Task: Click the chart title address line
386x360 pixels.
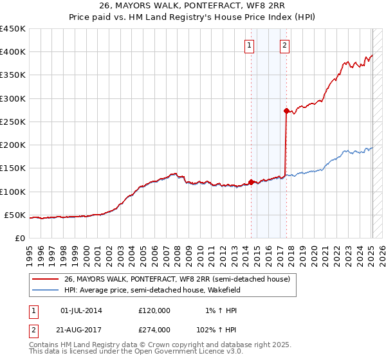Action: pos(193,6)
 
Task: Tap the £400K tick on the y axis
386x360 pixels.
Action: pos(12,52)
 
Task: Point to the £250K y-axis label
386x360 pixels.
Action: pos(12,122)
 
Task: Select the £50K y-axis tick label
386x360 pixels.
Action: pos(15,215)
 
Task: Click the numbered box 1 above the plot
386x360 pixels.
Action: pos(249,45)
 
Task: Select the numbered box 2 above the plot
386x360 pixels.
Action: pos(284,45)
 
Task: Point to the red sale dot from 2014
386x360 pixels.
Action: pos(251,182)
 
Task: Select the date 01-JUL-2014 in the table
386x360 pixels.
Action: pos(80,310)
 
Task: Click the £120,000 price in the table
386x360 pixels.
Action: pos(154,310)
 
